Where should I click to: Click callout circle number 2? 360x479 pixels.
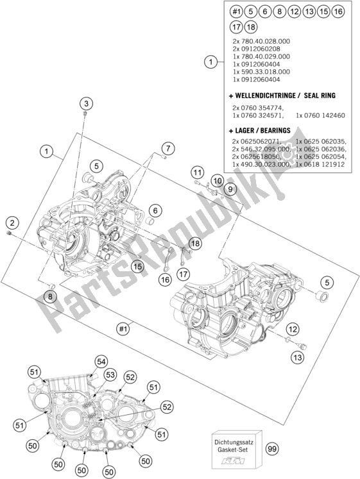tap(12, 223)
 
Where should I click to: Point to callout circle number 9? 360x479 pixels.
tap(230, 189)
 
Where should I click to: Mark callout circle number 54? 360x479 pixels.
tap(101, 362)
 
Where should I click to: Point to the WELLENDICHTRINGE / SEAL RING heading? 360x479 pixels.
tap(272, 95)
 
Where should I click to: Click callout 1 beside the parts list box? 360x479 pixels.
tap(209, 62)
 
